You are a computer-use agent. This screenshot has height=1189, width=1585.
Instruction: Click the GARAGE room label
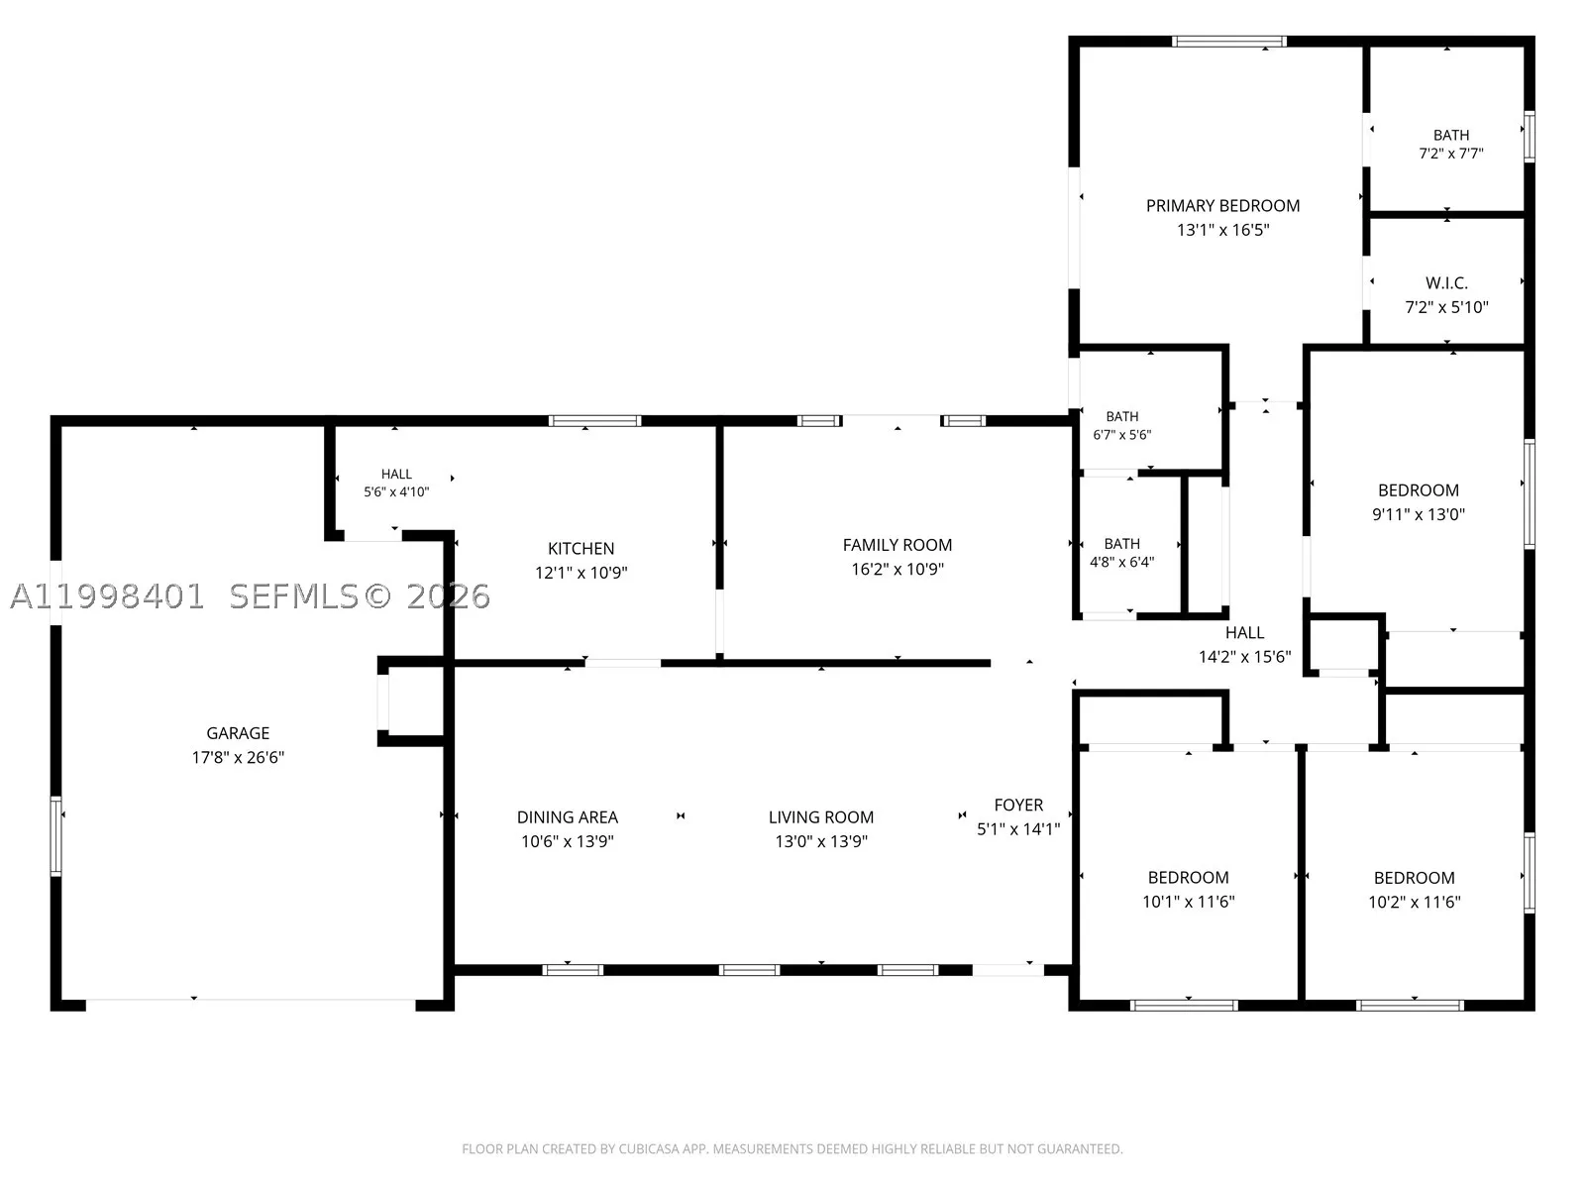pyautogui.click(x=238, y=733)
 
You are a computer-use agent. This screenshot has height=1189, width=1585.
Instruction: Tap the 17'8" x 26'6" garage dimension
pyautogui.click(x=238, y=757)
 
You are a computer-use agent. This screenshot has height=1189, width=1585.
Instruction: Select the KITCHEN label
pyautogui.click(x=581, y=549)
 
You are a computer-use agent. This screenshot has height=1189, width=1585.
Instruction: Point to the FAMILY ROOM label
pyautogui.click(x=897, y=545)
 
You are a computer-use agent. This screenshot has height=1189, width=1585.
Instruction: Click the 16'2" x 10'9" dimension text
pyautogui.click(x=897, y=569)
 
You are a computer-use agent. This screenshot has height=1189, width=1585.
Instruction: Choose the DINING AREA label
pyautogui.click(x=567, y=817)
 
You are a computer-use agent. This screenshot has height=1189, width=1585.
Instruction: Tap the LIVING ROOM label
pyautogui.click(x=821, y=817)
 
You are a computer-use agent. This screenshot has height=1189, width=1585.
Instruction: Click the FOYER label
pyautogui.click(x=1018, y=805)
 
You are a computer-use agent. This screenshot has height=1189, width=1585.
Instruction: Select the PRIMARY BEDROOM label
pyautogui.click(x=1222, y=206)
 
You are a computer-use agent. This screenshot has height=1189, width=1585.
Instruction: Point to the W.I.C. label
pyautogui.click(x=1446, y=283)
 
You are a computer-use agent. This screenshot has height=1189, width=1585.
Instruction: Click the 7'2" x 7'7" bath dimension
pyautogui.click(x=1450, y=153)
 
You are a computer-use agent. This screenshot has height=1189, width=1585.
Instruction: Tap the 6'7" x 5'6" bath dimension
pyautogui.click(x=1121, y=435)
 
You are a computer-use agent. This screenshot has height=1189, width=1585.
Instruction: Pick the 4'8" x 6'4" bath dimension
pyautogui.click(x=1121, y=562)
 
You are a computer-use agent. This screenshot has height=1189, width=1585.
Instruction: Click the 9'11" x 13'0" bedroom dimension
pyautogui.click(x=1419, y=514)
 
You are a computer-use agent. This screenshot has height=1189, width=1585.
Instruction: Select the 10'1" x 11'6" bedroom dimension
pyautogui.click(x=1188, y=901)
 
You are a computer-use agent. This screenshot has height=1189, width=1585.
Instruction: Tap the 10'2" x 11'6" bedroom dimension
pyautogui.click(x=1414, y=902)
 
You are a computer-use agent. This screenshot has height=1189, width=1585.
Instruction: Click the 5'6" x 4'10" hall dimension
pyautogui.click(x=395, y=491)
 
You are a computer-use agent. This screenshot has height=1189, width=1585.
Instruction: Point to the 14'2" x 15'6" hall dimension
pyautogui.click(x=1244, y=656)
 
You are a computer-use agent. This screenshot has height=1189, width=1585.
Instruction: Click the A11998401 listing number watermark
pyautogui.click(x=107, y=596)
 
